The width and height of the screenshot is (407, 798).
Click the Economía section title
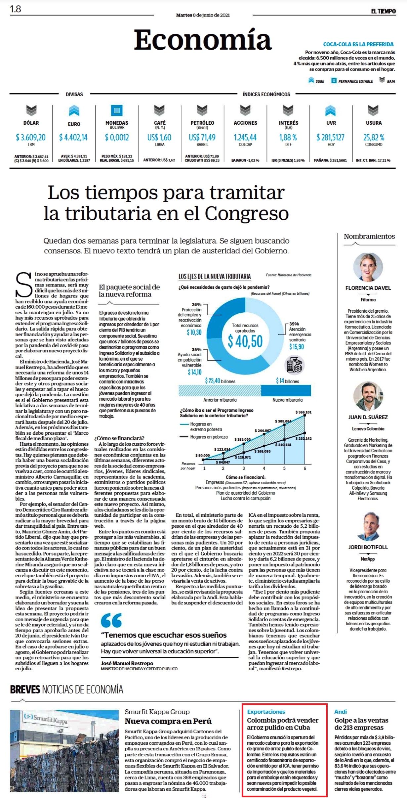coord(203,40)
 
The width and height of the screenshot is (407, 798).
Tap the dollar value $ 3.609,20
coord(31,137)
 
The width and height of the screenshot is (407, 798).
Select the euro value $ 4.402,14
coord(73,137)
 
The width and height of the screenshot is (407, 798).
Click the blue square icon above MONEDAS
coord(116,111)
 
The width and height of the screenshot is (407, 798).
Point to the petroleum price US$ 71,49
coord(202,137)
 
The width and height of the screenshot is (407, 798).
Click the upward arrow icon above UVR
coord(331,111)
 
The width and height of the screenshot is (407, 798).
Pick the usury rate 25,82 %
coord(374,137)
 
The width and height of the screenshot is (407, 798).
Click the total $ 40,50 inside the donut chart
coord(245,341)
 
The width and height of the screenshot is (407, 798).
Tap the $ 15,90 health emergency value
coord(297,346)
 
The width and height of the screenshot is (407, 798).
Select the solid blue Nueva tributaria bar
coord(286,390)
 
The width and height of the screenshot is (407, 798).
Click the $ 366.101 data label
coord(304,412)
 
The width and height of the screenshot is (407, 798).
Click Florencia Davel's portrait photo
coord(368,267)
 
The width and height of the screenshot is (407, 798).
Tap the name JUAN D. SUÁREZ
coord(368,417)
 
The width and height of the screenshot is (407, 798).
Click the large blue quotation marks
coord(111,621)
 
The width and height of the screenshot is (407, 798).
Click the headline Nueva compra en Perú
coord(168,721)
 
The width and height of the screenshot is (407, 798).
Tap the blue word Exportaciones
coord(266,712)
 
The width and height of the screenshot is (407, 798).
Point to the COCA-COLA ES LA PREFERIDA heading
coord(358,44)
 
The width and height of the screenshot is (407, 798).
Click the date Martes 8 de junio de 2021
coord(203,15)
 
